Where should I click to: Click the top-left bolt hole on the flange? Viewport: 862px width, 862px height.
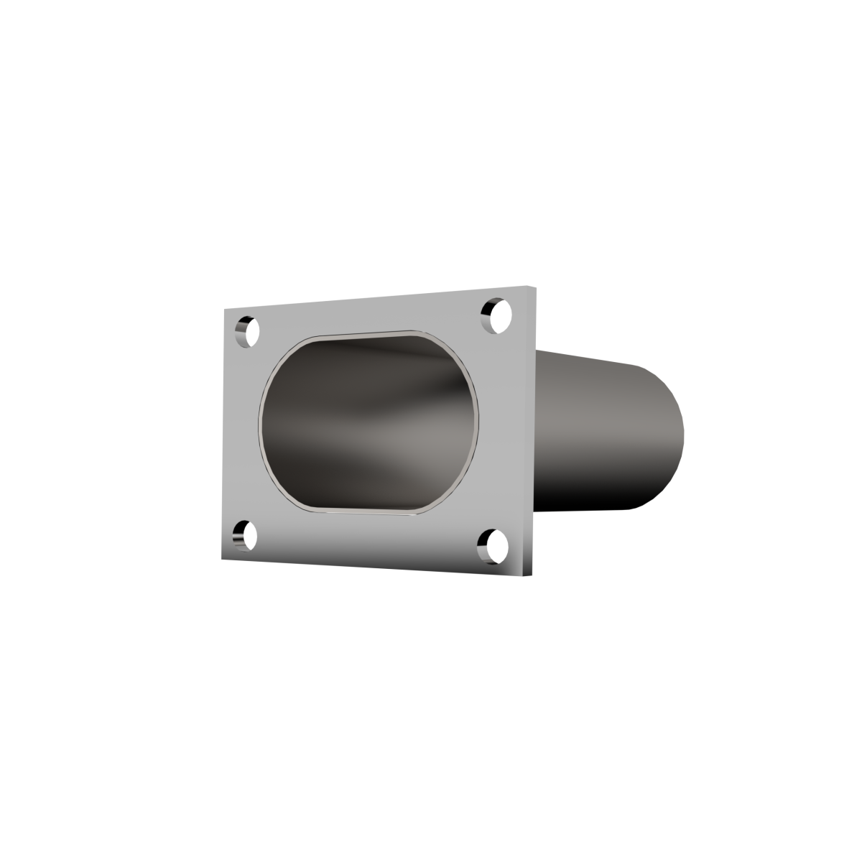(x=247, y=331)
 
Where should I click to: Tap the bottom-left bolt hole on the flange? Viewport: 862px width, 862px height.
(x=246, y=535)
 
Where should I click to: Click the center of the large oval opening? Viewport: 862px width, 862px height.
(x=368, y=424)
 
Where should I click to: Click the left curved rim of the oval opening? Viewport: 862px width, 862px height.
(x=261, y=424)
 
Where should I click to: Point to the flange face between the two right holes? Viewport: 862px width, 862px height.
(x=499, y=431)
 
